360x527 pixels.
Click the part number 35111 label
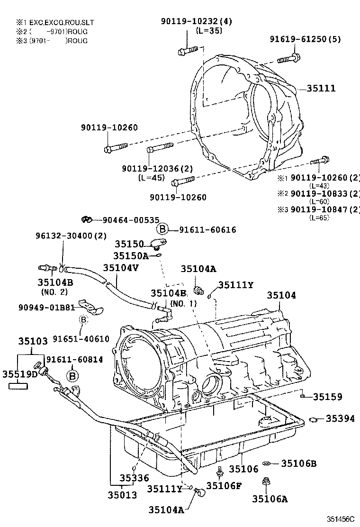pos(321,89)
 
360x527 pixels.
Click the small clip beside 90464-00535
pos(86,219)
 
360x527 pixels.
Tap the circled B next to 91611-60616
pos(162,230)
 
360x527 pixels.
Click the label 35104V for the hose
pos(121,268)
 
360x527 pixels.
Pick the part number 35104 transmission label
pos(281,295)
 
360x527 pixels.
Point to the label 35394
pos(340,418)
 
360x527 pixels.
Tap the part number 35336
pos(134,479)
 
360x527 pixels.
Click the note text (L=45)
pos(151,178)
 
